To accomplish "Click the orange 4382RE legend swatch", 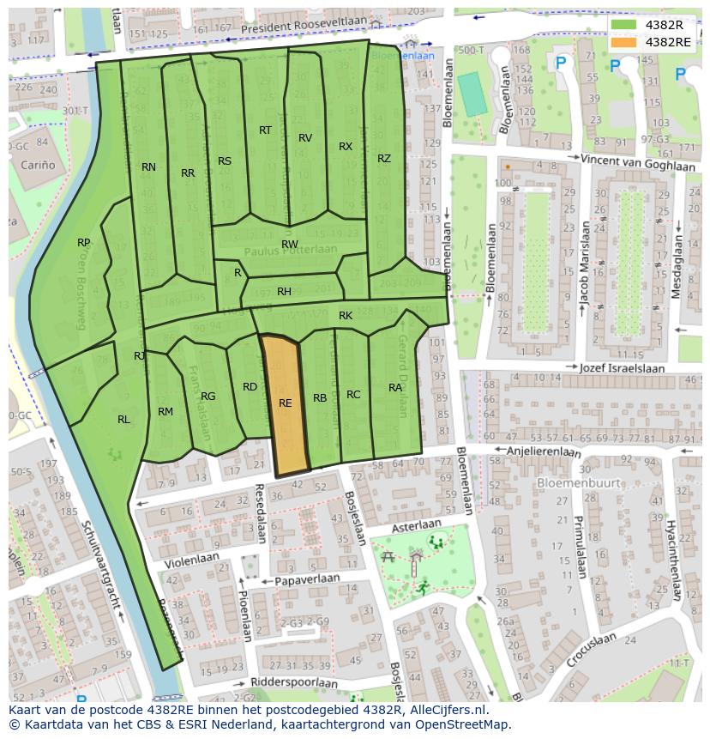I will [x=624, y=41].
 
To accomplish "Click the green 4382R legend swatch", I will [x=624, y=24].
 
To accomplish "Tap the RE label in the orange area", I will [x=286, y=403].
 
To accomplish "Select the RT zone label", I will [x=265, y=130].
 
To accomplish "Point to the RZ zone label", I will [x=384, y=158].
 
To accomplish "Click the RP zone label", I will [x=83, y=243].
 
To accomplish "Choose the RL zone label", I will [x=124, y=419].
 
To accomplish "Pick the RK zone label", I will [x=346, y=316].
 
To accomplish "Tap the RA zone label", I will [x=395, y=388].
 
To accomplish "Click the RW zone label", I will [x=290, y=245].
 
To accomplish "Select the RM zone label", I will [x=165, y=412].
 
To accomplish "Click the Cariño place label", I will [x=39, y=165].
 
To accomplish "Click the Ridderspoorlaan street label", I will [x=295, y=682].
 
